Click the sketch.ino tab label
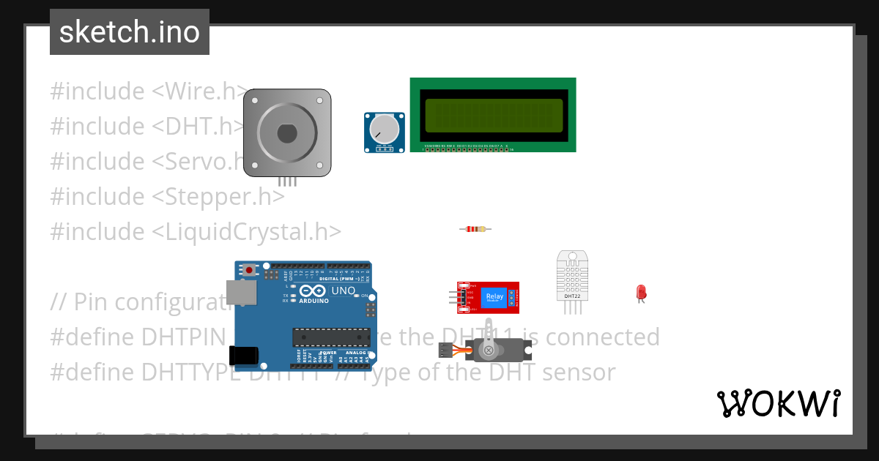(x=130, y=32)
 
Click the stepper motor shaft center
(x=287, y=133)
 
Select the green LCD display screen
(x=492, y=116)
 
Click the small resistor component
(x=475, y=229)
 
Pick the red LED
(x=641, y=292)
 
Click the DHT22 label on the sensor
(x=572, y=296)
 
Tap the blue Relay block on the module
(x=494, y=298)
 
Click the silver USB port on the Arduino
(x=237, y=293)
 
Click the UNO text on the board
(x=344, y=291)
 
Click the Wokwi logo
(x=778, y=403)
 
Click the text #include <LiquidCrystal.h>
(x=196, y=231)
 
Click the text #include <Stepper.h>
(x=167, y=196)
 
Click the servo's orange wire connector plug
(x=445, y=350)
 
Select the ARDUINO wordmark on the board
(x=314, y=300)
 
